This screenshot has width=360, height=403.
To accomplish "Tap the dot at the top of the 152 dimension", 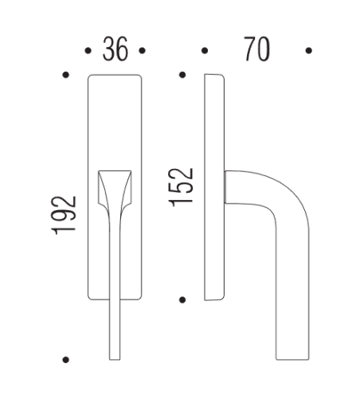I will coord(182,76).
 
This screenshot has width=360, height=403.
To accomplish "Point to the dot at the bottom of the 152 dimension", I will coord(182,299).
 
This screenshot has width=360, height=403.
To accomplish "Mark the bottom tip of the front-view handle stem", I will coord(115,358).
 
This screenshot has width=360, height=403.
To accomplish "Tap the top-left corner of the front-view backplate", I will coord(88,77).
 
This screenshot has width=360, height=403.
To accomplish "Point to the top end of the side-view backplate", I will coord(213,76).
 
